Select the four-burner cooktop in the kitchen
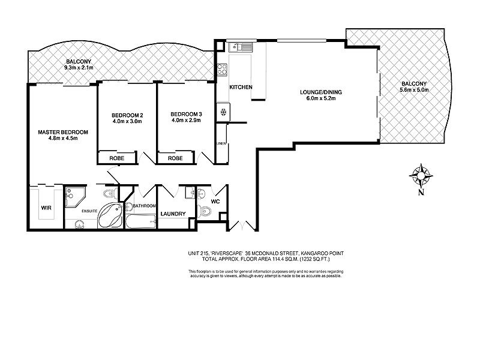pyautogui.click(x=221, y=69)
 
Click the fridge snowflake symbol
pyautogui.click(x=223, y=110)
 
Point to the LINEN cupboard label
pyautogui.click(x=222, y=143)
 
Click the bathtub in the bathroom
pyautogui.click(x=140, y=223)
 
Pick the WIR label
pyautogui.click(x=46, y=208)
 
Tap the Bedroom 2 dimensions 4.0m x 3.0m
pyautogui.click(x=127, y=121)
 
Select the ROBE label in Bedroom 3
pyautogui.click(x=175, y=158)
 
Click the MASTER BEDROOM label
pyautogui.click(x=63, y=132)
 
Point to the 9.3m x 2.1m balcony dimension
pyautogui.click(x=79, y=68)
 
